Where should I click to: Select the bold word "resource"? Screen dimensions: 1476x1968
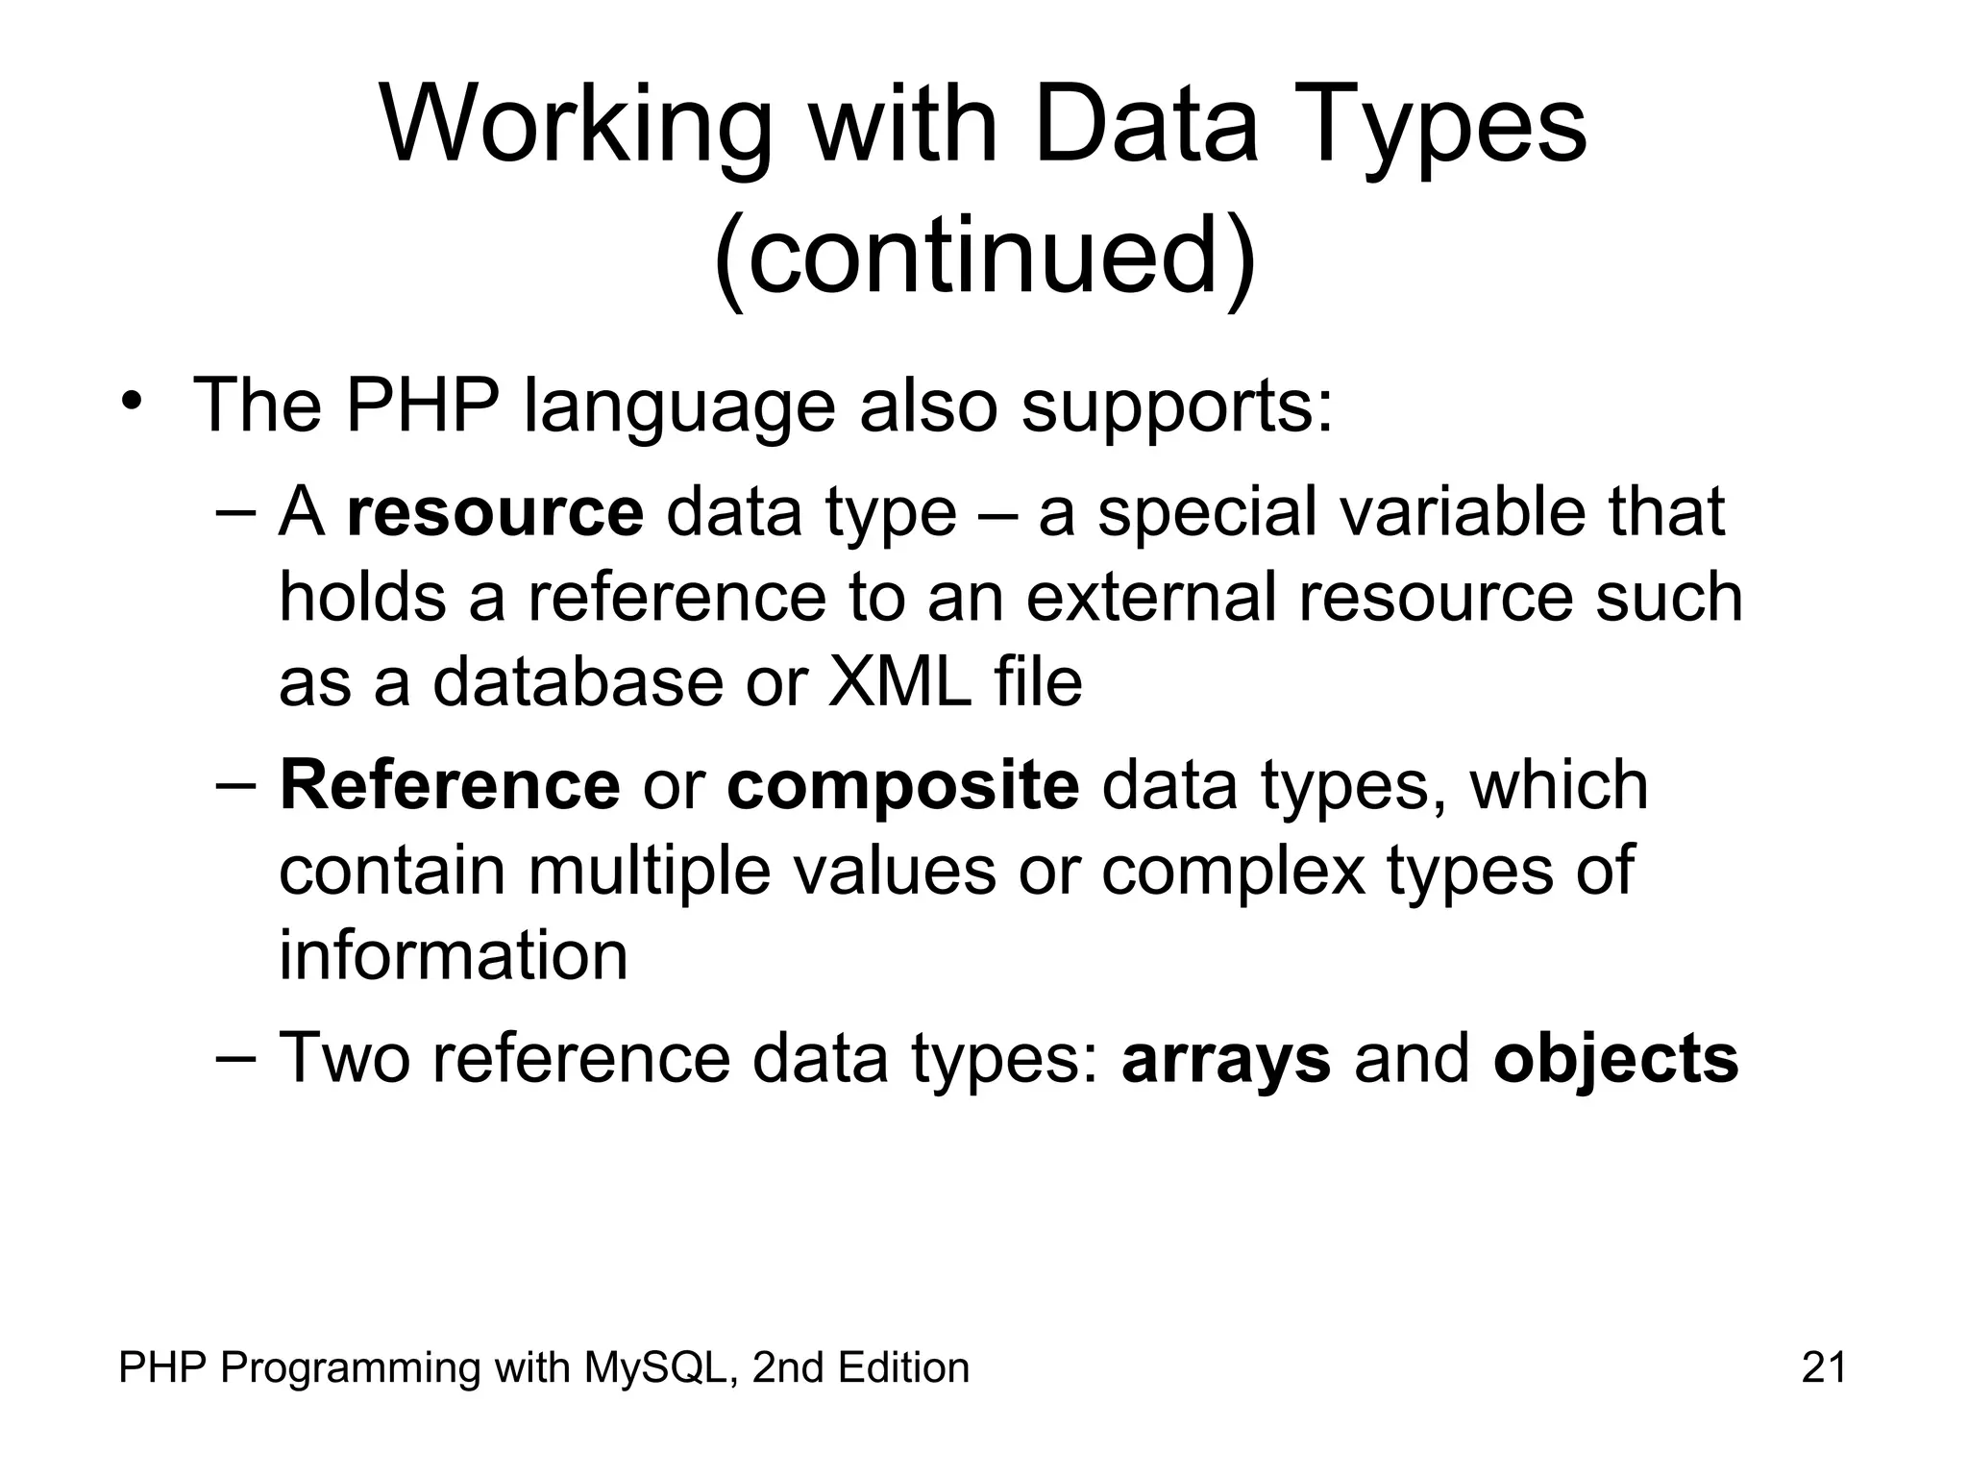[x=495, y=511]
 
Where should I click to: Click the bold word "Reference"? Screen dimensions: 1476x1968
[x=450, y=785]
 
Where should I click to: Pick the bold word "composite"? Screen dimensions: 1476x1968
[x=903, y=785]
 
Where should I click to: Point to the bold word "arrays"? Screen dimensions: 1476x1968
[x=1226, y=1059]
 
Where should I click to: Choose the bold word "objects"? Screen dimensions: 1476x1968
[x=1615, y=1059]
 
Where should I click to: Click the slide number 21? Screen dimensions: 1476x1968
[x=1824, y=1367]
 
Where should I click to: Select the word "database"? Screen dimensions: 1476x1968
[x=578, y=682]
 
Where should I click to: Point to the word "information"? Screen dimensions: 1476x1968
[x=453, y=956]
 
